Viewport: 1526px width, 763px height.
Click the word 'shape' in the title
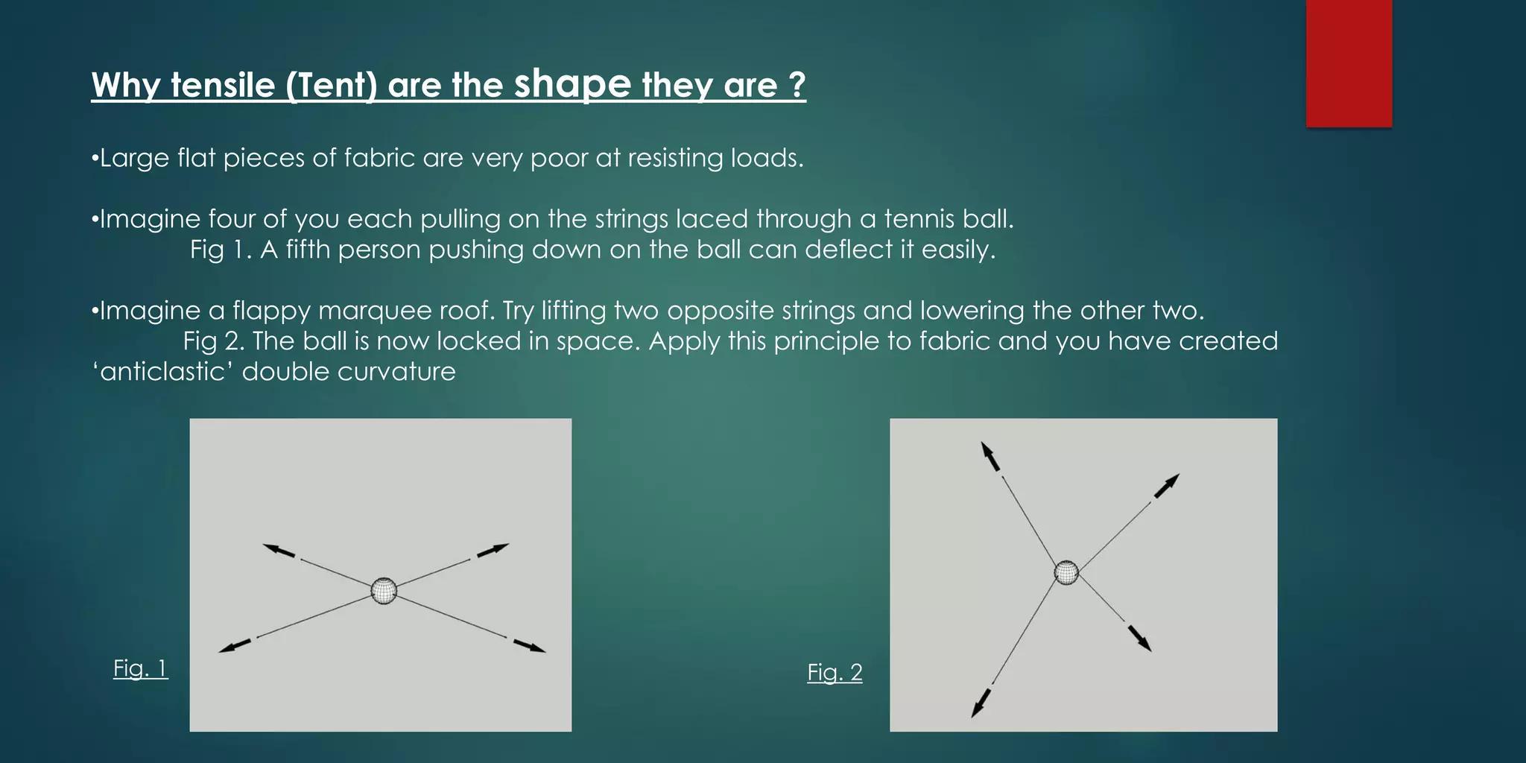click(572, 84)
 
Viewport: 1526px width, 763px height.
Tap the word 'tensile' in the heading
click(223, 85)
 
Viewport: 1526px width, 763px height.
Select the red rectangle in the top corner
click(1349, 63)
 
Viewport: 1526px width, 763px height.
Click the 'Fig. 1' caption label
click(140, 668)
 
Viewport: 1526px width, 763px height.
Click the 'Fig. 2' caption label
click(835, 672)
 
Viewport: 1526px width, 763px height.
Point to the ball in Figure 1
click(384, 591)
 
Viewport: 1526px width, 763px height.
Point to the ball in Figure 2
click(1066, 572)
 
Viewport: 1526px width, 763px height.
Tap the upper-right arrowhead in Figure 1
click(500, 548)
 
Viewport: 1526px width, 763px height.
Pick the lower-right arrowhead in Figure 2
click(1145, 644)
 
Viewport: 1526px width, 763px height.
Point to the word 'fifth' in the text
click(308, 250)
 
